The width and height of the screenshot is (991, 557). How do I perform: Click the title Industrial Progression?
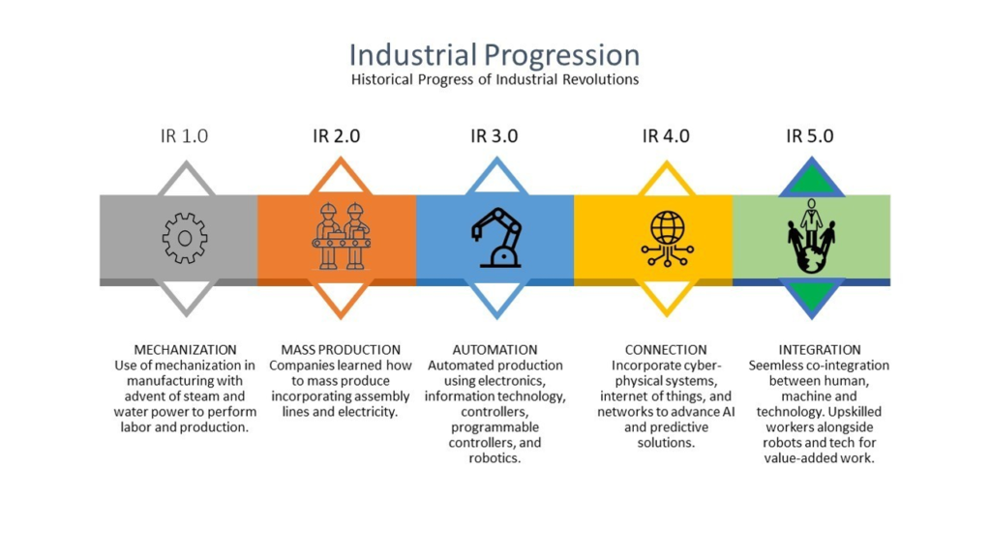pos(495,55)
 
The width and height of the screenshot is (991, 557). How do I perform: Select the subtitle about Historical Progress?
pos(495,79)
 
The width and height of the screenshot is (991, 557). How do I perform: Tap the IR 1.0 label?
pos(184,135)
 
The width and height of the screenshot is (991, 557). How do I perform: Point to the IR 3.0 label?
pos(495,135)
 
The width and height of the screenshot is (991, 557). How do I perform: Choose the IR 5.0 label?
pos(810,135)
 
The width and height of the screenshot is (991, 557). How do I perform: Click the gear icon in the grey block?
pos(185,238)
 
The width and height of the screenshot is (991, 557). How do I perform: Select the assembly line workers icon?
pos(342,236)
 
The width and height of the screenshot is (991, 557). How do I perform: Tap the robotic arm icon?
pos(496,238)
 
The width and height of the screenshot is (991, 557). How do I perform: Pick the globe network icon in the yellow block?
pos(668,238)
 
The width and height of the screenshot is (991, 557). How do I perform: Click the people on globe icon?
pos(812,236)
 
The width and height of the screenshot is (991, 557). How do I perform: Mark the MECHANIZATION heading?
pos(185,350)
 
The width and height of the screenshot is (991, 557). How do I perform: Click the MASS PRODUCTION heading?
pos(341,350)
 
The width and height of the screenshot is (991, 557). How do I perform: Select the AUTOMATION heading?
pos(495,350)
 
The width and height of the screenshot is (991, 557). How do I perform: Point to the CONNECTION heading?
pos(666,350)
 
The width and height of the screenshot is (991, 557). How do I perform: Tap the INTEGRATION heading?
pos(819,350)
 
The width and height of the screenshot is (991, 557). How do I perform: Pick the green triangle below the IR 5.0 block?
pos(812,296)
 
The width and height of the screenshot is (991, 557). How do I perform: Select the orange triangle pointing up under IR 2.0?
pos(340,178)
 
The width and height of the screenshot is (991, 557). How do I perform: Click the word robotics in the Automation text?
pos(495,458)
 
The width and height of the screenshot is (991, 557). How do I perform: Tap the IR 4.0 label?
pos(666,135)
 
